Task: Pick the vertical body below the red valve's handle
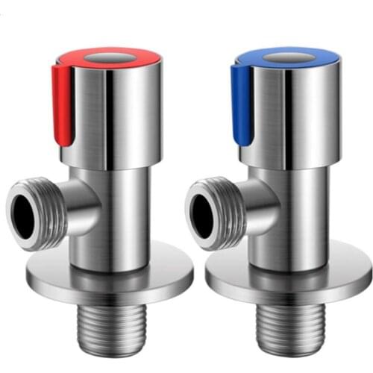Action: pos(119,216)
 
